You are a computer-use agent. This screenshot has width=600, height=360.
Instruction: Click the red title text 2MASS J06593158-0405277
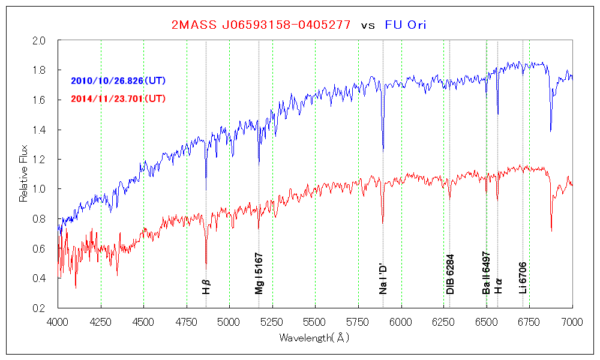(x=261, y=25)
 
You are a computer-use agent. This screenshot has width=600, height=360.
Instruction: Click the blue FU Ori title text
(x=410, y=25)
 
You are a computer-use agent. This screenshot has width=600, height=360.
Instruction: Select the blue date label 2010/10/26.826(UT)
(x=118, y=80)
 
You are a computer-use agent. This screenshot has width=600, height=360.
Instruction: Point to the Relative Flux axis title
(x=24, y=174)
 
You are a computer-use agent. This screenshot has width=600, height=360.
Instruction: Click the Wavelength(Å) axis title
(x=314, y=338)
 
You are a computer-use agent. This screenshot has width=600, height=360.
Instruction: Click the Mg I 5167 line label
(x=259, y=274)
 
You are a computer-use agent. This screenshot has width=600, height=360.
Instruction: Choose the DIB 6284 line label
(x=450, y=274)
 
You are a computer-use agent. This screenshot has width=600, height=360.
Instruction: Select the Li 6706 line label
(x=523, y=278)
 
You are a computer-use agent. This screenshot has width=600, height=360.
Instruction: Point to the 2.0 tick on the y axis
(x=38, y=41)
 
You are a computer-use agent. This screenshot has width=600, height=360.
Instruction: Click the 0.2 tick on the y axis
(x=38, y=308)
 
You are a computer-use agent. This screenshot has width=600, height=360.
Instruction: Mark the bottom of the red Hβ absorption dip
(x=206, y=264)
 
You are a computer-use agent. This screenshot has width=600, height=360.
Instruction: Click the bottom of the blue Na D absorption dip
(x=383, y=150)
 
